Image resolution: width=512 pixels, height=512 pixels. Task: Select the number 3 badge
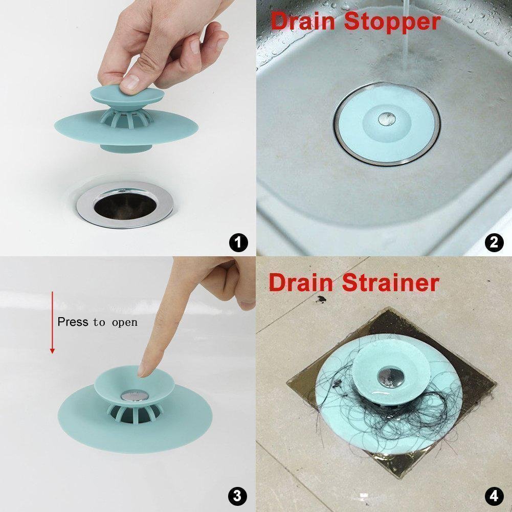click(x=238, y=495)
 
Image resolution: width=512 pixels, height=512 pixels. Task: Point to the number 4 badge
click(x=494, y=495)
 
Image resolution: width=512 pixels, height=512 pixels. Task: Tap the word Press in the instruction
click(x=73, y=322)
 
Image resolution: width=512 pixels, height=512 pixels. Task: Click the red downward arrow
click(x=52, y=322)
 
